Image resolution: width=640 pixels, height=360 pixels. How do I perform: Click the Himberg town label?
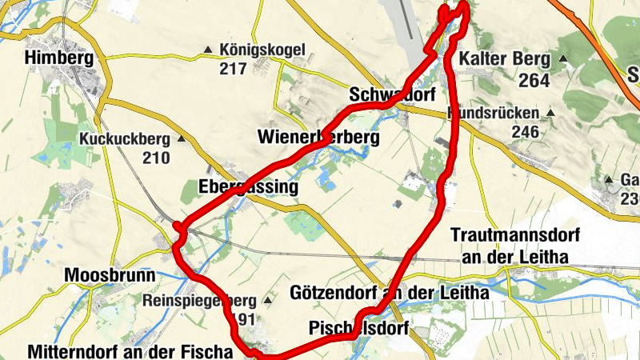click(x=59, y=58)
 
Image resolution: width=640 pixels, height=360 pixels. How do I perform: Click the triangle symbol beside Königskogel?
click(x=209, y=50)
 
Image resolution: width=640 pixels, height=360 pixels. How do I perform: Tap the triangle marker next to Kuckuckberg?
click(x=181, y=139)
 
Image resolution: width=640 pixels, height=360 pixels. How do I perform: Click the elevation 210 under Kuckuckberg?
click(x=156, y=158)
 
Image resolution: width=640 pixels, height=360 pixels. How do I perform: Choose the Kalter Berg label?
click(x=505, y=59)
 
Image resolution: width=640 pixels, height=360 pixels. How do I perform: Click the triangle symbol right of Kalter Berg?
click(x=563, y=59)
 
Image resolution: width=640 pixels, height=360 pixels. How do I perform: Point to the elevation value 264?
click(x=534, y=80)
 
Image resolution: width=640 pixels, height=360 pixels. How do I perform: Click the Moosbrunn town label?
click(x=110, y=275)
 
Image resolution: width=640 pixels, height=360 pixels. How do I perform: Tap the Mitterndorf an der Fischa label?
click(x=129, y=351)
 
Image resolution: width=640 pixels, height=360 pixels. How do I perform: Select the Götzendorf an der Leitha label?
click(x=389, y=293)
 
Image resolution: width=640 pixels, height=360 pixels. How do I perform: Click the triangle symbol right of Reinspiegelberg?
click(x=267, y=301)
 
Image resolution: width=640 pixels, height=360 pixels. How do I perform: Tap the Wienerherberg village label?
click(x=318, y=138)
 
